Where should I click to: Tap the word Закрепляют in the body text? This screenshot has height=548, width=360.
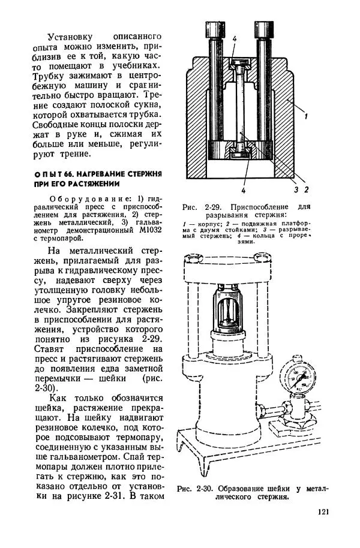(x=88, y=311)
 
